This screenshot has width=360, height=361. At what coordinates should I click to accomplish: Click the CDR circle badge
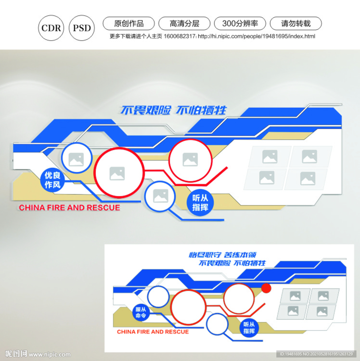(51, 28)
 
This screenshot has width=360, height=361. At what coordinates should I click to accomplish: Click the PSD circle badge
(82, 28)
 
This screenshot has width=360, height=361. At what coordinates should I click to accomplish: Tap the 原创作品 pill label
(128, 24)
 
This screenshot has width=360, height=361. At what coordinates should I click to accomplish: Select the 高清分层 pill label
(184, 24)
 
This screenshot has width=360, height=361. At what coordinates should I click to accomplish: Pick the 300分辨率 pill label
(240, 24)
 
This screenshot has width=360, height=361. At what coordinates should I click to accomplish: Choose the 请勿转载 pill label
(296, 24)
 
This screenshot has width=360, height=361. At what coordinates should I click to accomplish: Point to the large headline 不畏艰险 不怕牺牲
(173, 110)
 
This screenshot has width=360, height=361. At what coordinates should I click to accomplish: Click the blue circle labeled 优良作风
(53, 180)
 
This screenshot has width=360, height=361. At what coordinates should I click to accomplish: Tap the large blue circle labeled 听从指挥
(200, 203)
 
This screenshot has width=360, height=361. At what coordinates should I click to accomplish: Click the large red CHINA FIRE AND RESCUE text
(70, 208)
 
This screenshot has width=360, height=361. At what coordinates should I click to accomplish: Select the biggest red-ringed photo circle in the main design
(119, 172)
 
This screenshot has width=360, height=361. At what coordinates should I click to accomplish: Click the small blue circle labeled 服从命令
(141, 312)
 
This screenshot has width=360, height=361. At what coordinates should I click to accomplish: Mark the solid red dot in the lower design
(266, 288)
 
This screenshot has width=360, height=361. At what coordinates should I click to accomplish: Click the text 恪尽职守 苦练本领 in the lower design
(222, 255)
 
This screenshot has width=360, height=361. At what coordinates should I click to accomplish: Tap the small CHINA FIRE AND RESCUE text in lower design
(153, 332)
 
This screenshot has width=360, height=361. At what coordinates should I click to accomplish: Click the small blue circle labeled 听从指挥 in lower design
(249, 328)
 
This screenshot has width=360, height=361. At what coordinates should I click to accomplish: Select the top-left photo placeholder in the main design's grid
(270, 157)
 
